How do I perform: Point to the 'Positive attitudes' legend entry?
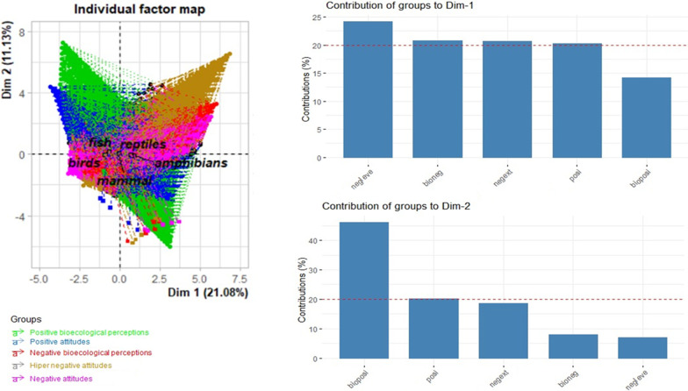(x=65, y=344)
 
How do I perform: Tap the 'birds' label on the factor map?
(x=85, y=162)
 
